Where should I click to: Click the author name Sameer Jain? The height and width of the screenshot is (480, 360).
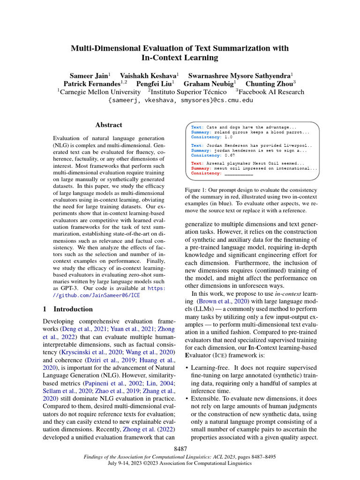[89, 75]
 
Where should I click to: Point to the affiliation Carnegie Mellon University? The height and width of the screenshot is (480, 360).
[100, 92]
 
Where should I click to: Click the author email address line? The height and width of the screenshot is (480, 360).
[180, 100]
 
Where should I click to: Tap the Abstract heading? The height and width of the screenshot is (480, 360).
[109, 125]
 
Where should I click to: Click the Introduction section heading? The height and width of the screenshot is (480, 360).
[73, 309]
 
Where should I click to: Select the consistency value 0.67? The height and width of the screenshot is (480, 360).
[229, 155]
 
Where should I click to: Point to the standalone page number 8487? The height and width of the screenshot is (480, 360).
[180, 449]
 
